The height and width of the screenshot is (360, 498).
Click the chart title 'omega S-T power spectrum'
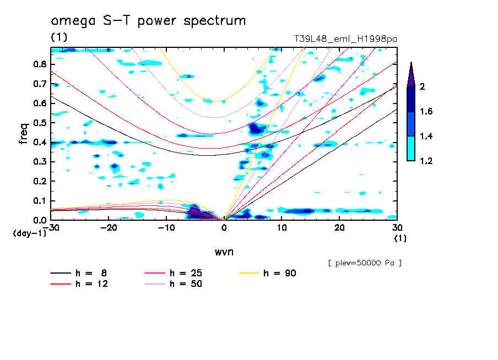point(148,21)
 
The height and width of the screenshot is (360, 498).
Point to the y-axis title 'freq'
point(24,134)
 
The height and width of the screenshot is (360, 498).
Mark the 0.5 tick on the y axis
point(40,122)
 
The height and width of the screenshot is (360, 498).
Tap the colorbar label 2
point(423,87)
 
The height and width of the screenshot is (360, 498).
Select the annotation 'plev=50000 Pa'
point(365,263)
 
